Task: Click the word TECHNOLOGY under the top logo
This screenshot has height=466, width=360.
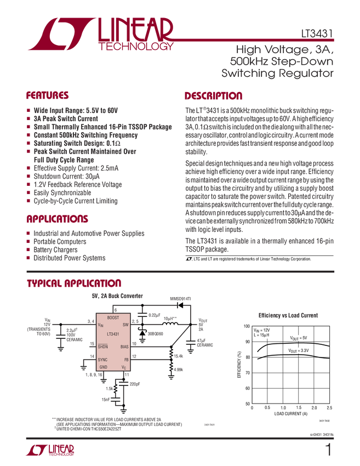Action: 136,47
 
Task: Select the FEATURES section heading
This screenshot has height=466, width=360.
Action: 48,95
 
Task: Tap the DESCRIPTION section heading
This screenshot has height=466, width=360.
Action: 213,95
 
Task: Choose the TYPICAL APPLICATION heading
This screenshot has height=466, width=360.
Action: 73,283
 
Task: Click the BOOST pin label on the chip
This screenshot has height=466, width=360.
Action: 113,318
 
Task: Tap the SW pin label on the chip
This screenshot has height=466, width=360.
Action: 125,325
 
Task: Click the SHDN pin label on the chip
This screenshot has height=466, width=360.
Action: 103,346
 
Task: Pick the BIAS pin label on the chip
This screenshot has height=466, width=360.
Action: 124,346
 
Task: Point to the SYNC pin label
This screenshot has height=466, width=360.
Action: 103,360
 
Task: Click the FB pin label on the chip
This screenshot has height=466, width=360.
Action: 126,360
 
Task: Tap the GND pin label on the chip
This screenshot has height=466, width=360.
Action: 103,367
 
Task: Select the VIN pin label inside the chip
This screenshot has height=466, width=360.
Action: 100,326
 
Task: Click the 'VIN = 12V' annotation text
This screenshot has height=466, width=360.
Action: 262,330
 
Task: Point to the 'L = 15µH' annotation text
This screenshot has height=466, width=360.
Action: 262,335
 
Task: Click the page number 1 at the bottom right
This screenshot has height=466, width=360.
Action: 329,451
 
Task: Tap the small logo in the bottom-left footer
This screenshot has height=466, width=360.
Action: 49,451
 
